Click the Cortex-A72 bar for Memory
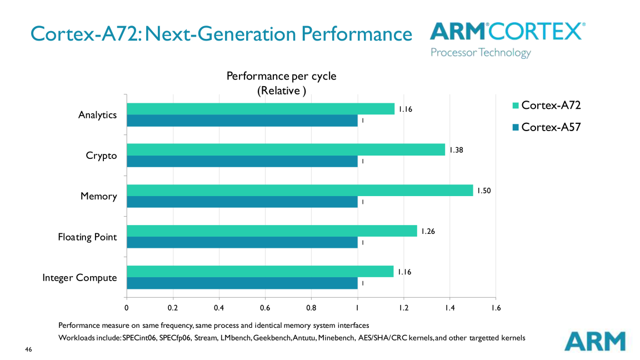pos(300,191)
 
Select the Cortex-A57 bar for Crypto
pos(242,161)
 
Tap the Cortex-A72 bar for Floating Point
pos(272,231)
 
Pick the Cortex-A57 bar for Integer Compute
pos(242,283)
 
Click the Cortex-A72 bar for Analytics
pos(261,109)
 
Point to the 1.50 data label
pos(484,191)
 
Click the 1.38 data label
pos(456,150)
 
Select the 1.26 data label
pos(428,231)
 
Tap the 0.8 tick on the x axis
pos(311,307)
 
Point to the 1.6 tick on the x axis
pos(495,307)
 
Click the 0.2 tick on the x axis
pos(173,307)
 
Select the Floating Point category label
pos(87,237)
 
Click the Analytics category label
pos(97,115)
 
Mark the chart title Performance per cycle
pos(281,76)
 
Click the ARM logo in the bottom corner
pos(594,341)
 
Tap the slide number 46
pos(28,349)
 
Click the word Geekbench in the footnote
pos(272,337)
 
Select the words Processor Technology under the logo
pos(481,53)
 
